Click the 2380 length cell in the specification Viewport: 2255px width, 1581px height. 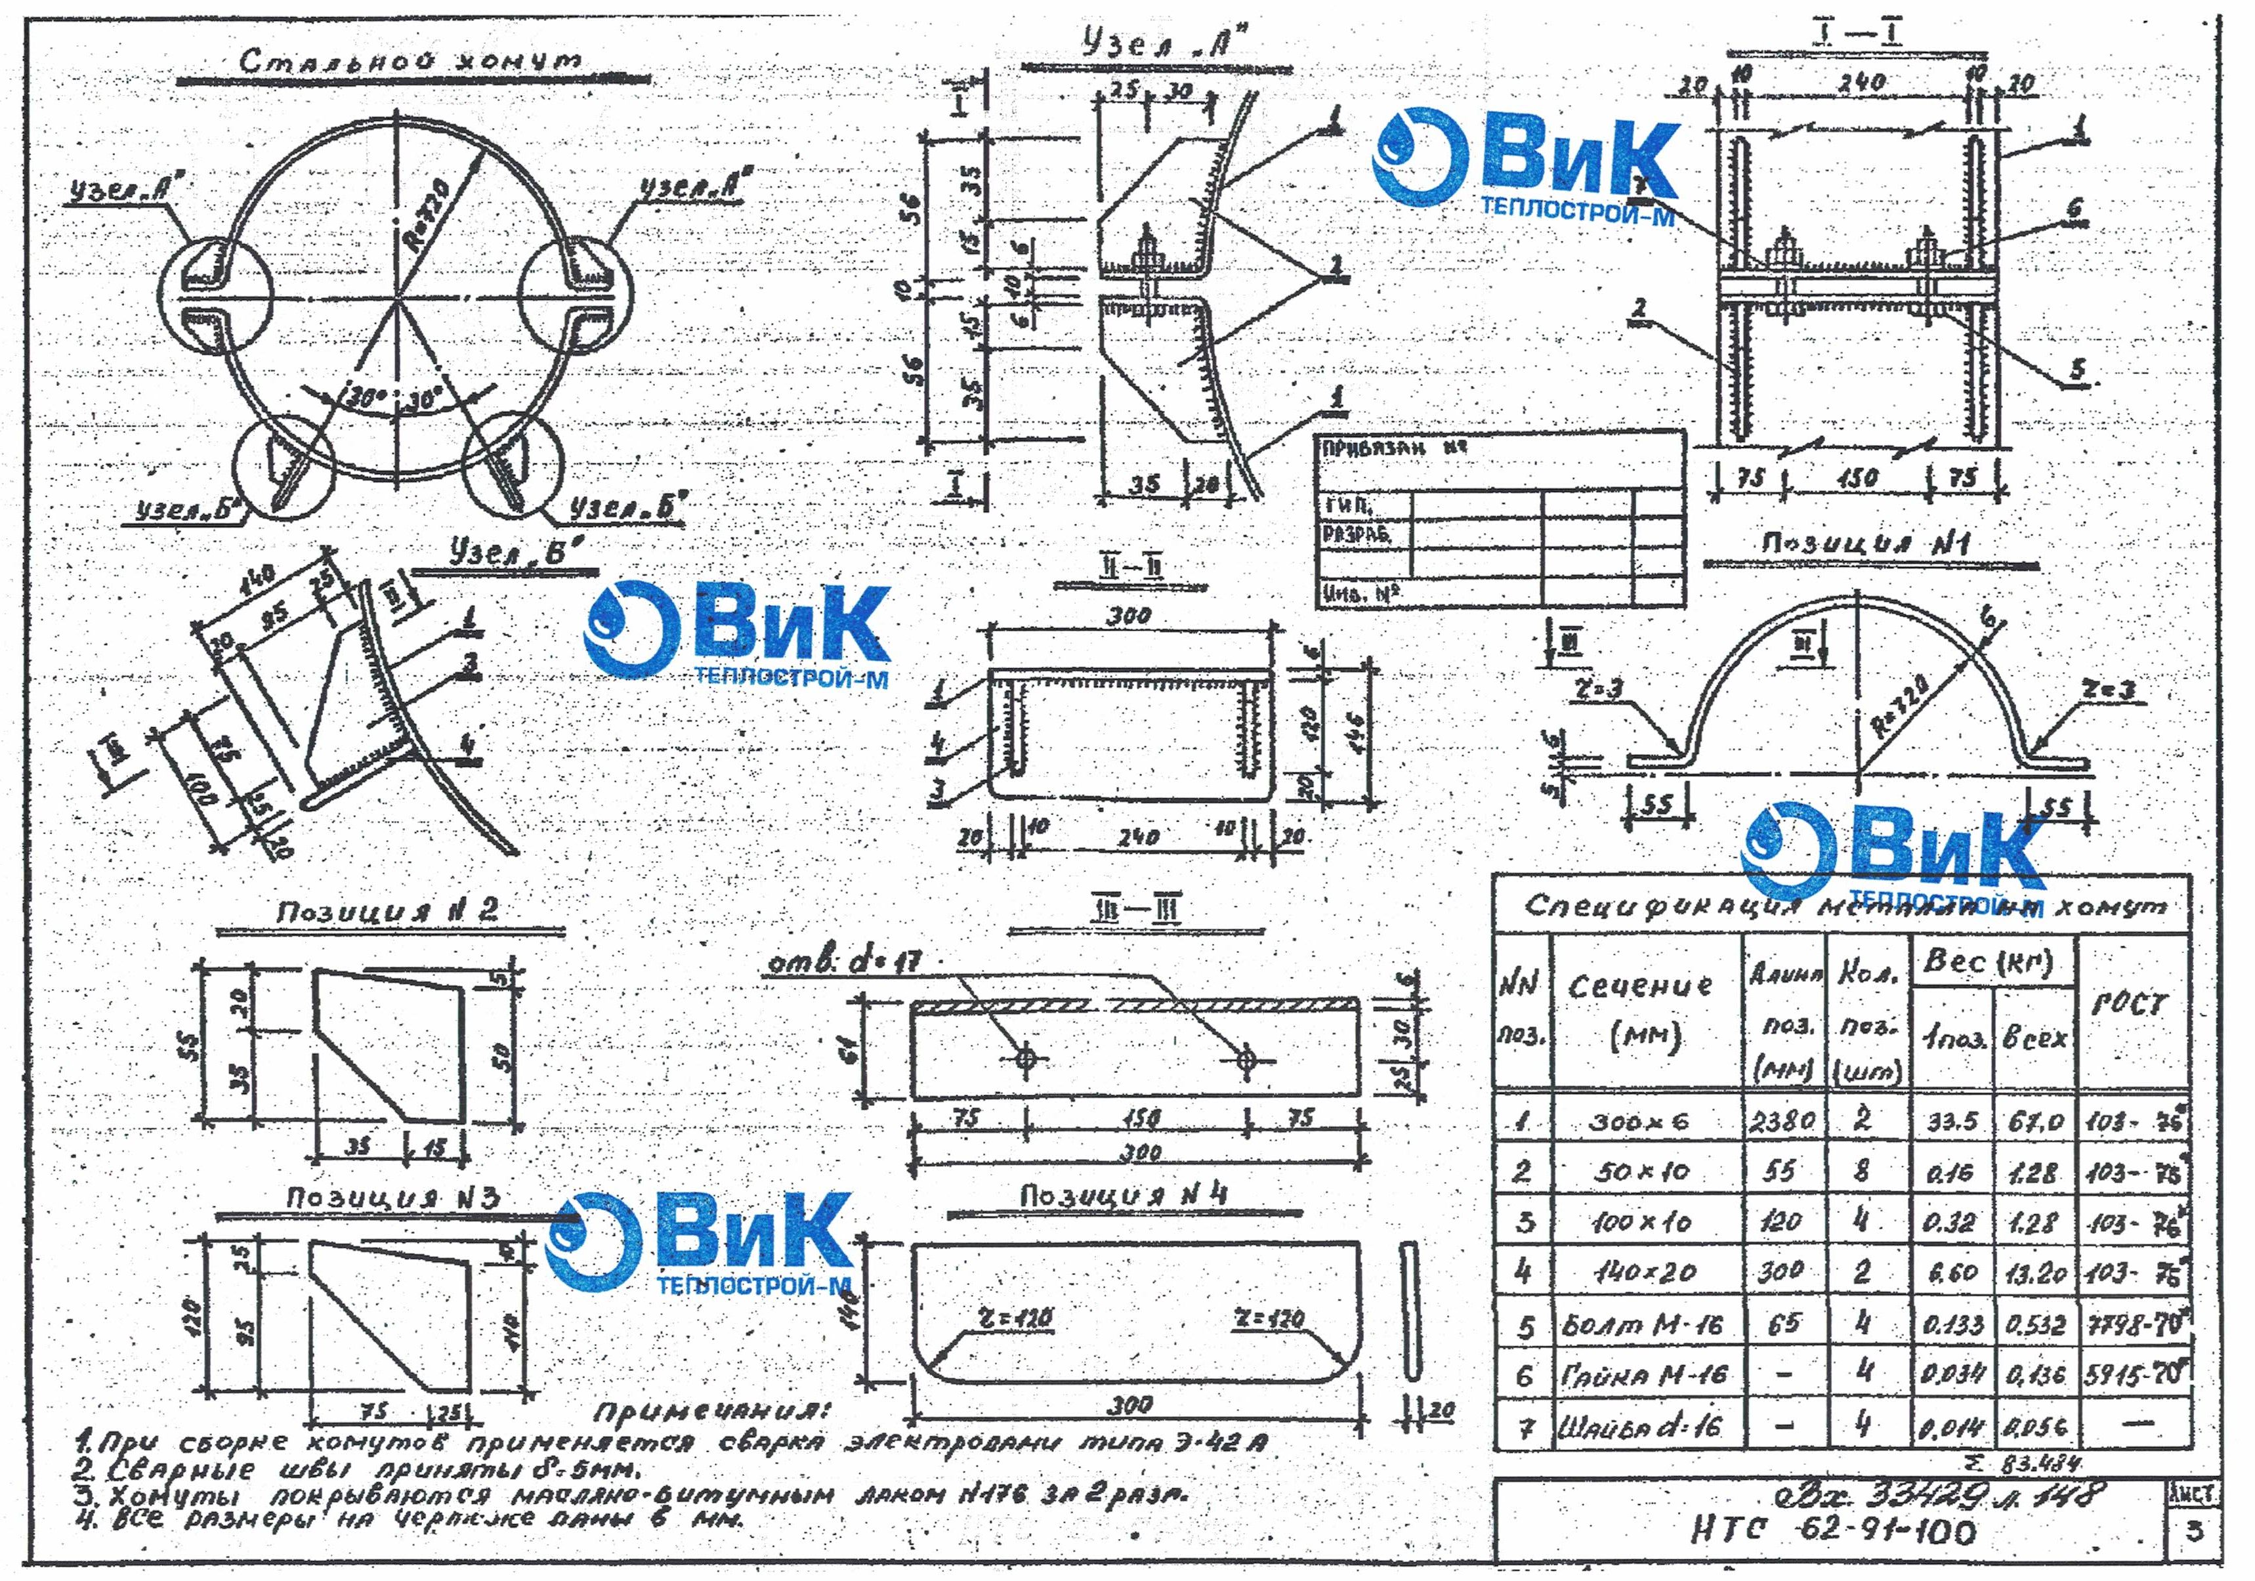pyautogui.click(x=1782, y=1120)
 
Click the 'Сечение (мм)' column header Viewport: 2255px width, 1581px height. pyautogui.click(x=1640, y=1011)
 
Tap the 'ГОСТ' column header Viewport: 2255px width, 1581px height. pyautogui.click(x=2128, y=1003)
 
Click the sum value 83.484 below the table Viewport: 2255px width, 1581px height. pyautogui.click(x=2045, y=1463)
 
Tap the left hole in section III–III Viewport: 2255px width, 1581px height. pyautogui.click(x=1025, y=1059)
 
